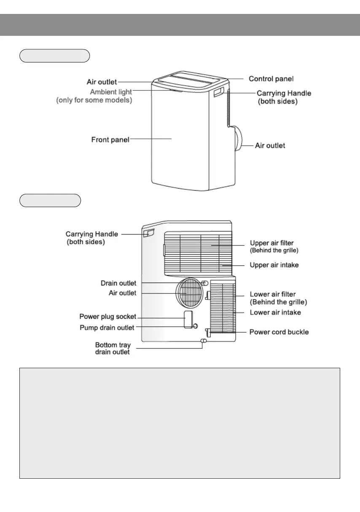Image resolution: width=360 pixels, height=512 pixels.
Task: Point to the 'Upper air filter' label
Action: pyautogui.click(x=278, y=243)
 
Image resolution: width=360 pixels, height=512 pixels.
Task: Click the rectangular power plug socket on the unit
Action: pyautogui.click(x=188, y=319)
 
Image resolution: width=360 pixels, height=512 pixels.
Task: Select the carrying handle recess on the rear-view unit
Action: pyautogui.click(x=149, y=233)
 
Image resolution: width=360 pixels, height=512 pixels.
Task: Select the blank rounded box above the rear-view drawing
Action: pyautogui.click(x=50, y=200)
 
